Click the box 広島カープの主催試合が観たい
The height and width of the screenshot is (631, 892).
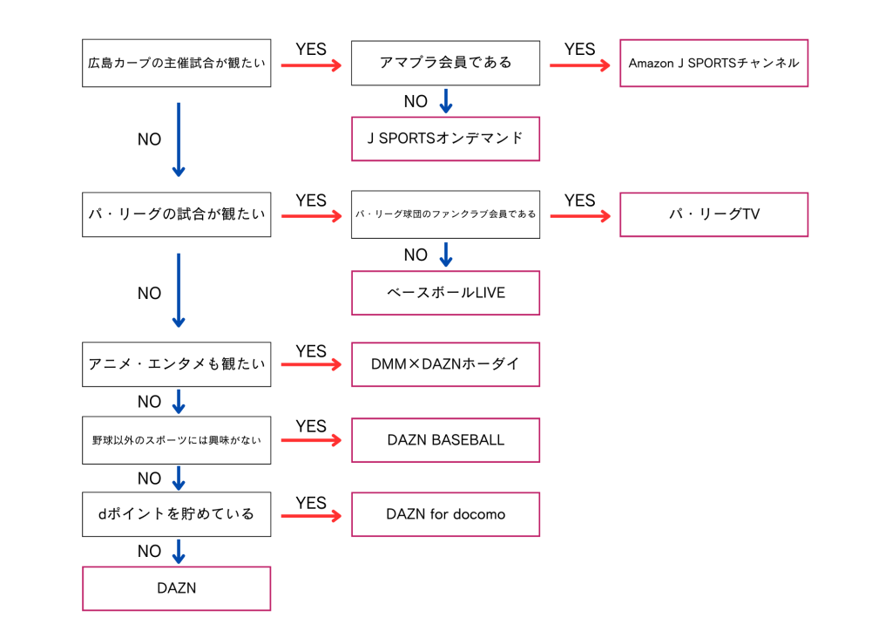(176, 63)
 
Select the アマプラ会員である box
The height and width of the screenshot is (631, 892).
(445, 63)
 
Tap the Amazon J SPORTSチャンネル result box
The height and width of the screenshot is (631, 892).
(713, 63)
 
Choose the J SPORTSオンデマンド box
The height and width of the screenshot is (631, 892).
(445, 139)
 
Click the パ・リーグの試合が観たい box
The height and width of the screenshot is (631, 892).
(176, 214)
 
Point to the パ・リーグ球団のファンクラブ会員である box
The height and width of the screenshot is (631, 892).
(445, 214)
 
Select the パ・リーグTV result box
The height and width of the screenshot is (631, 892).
(713, 214)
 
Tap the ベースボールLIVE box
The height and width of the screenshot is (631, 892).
(445, 293)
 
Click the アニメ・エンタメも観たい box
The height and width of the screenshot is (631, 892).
(176, 364)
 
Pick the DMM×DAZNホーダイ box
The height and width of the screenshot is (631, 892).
(445, 364)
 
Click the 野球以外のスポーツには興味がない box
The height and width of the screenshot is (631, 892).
(176, 440)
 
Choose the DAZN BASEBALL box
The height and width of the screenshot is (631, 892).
(445, 440)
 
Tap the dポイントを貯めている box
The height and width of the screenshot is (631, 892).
(176, 514)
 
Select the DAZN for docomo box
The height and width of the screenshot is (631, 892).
(445, 514)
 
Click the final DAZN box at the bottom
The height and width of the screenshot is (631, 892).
(176, 588)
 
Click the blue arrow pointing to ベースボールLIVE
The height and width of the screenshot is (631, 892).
(446, 254)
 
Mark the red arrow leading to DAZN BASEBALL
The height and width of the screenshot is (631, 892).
(311, 441)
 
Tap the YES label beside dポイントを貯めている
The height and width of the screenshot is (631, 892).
(311, 503)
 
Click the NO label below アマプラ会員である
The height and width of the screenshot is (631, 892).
(416, 102)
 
